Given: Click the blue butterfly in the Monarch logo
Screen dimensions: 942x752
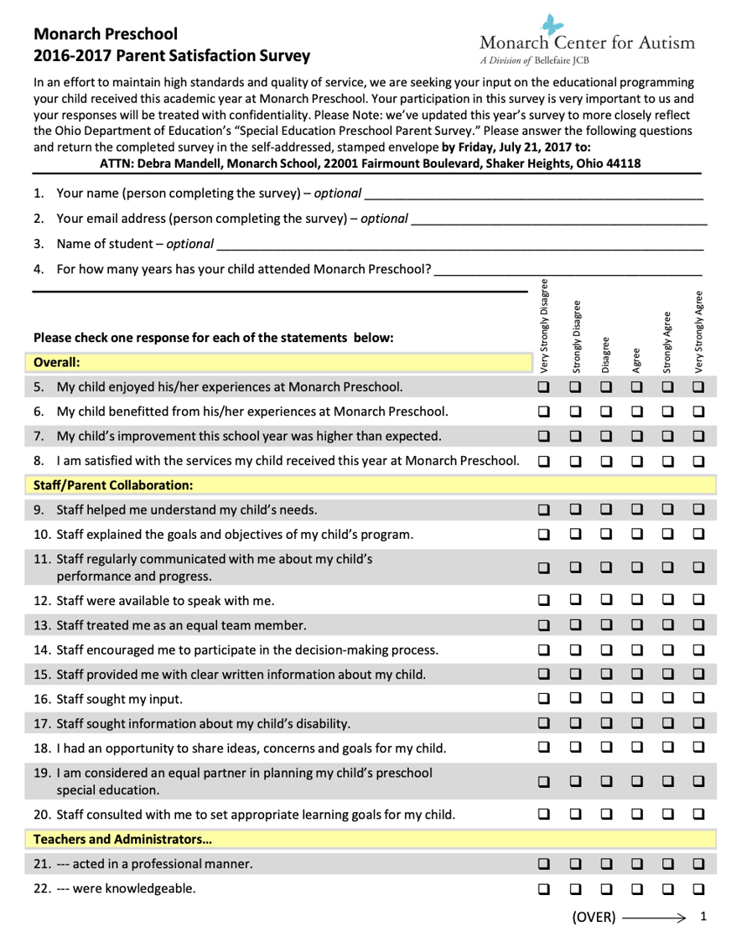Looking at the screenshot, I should (x=547, y=25).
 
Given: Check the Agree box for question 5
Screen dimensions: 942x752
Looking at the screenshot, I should (x=636, y=387).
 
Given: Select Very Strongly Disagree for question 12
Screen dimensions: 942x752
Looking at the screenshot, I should (x=543, y=600).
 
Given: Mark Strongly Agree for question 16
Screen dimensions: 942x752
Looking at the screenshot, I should (x=667, y=697).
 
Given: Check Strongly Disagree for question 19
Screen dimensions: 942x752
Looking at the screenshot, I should (x=575, y=781).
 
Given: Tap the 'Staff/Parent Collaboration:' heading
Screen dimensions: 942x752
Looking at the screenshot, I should (x=113, y=484).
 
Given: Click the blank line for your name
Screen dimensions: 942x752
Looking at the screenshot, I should (x=533, y=195).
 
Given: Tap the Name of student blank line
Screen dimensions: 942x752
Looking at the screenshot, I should (x=459, y=246).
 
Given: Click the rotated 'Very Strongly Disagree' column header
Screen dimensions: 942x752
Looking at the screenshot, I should (x=544, y=325).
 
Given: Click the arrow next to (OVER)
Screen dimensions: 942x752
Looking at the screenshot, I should (x=654, y=918).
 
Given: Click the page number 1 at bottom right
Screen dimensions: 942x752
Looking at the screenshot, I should (x=703, y=917).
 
